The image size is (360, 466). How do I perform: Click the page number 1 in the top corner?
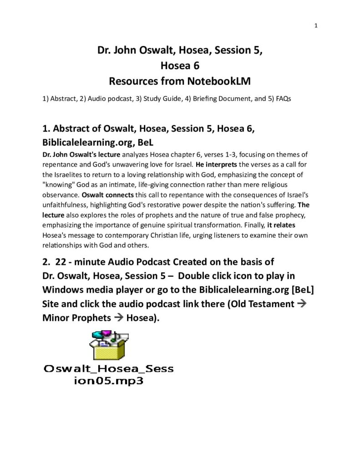[x=316, y=25]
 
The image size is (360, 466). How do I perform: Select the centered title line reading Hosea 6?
[x=180, y=66]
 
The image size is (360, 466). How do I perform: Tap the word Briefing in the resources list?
[x=213, y=98]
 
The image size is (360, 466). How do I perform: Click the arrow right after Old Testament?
[x=301, y=304]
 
